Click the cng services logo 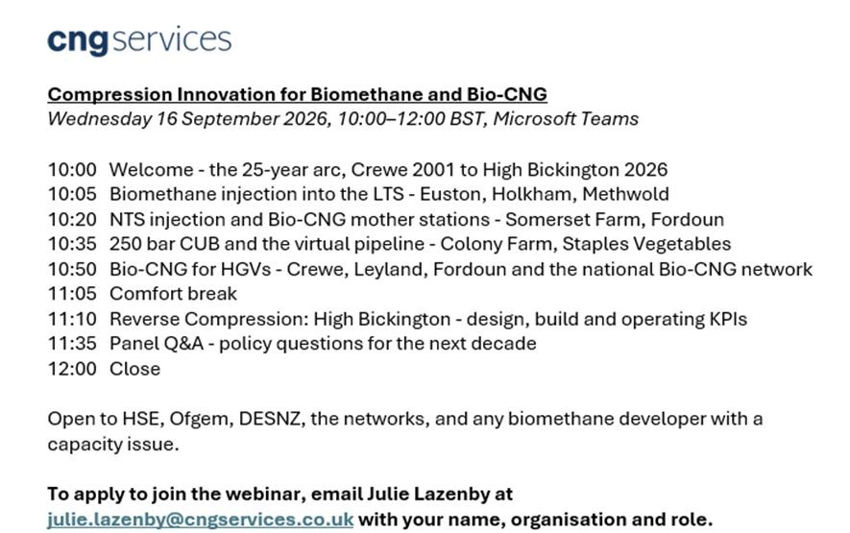(139, 40)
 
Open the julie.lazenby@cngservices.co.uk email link (200, 519)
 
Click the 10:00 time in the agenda (72, 170)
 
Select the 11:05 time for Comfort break (72, 293)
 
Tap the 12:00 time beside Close (72, 369)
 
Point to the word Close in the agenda (135, 369)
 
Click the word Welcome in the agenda (151, 170)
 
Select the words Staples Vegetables (646, 244)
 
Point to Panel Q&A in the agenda (157, 344)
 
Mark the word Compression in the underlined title (110, 94)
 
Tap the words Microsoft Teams (566, 119)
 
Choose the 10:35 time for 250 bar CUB (72, 244)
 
